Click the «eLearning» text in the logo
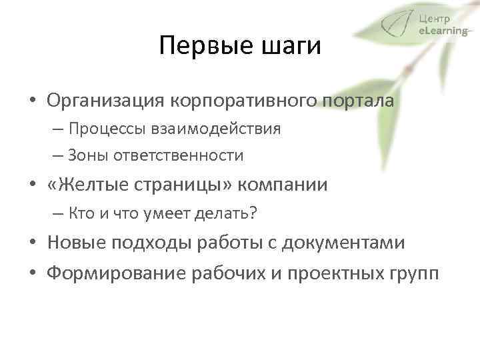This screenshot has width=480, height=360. tap(443, 30)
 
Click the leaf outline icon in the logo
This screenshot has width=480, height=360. tap(398, 26)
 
